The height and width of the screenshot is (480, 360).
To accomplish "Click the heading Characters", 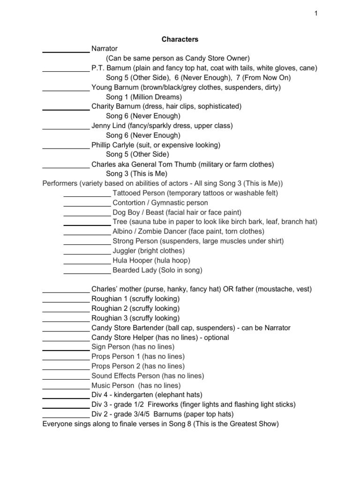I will pos(180,39).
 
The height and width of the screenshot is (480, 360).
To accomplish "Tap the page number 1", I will pos(316,14).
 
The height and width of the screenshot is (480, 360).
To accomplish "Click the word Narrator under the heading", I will pos(105,49).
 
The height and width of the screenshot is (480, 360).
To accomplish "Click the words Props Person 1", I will pos(116,357).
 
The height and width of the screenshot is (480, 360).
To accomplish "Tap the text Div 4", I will pos(100,395).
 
